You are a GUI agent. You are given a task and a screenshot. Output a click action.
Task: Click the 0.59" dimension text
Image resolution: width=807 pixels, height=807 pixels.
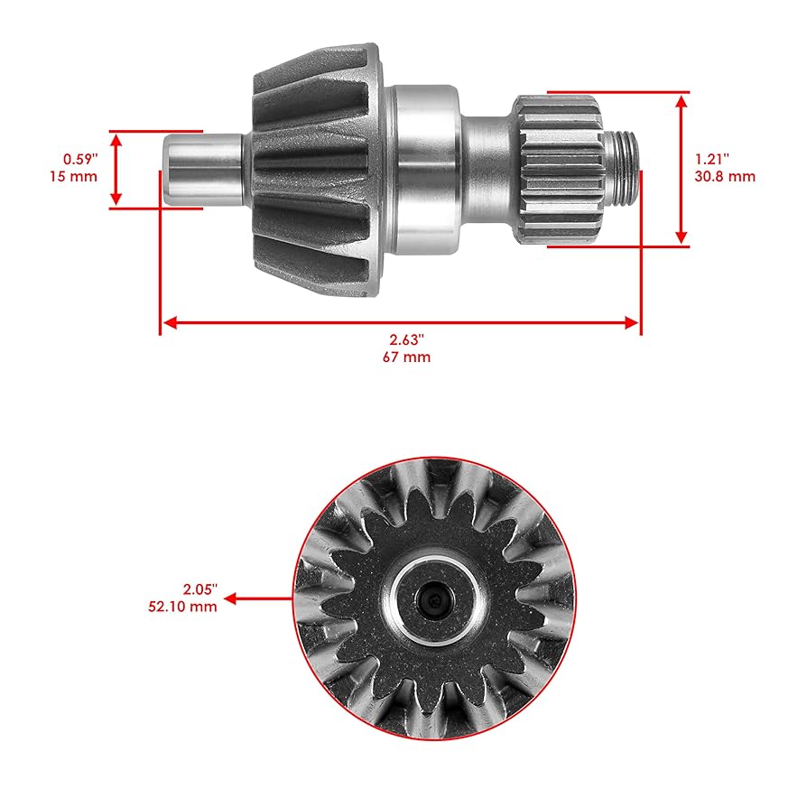pyautogui.click(x=74, y=160)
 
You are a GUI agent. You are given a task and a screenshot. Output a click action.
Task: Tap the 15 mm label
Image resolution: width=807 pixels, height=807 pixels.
pyautogui.click(x=73, y=176)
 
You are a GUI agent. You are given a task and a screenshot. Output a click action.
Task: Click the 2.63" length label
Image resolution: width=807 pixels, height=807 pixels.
pyautogui.click(x=406, y=340)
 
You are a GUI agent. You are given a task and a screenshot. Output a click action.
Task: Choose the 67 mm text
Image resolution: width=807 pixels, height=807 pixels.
pyautogui.click(x=406, y=357)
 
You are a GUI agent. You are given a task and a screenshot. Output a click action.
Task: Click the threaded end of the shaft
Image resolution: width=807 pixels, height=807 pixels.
pyautogui.click(x=624, y=169)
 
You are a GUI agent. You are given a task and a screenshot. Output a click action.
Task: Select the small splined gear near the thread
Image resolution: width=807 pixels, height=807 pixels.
pyautogui.click(x=559, y=169)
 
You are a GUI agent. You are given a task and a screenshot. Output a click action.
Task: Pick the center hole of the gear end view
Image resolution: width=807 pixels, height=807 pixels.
pyautogui.click(x=434, y=598)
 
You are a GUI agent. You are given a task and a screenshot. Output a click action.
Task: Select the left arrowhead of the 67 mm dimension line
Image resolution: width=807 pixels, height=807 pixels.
pyautogui.click(x=166, y=321)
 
